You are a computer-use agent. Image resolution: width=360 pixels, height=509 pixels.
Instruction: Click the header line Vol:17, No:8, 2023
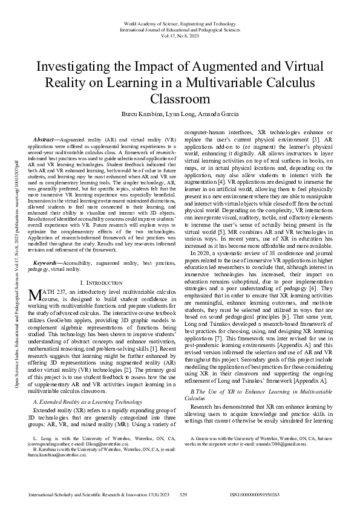point(179,35)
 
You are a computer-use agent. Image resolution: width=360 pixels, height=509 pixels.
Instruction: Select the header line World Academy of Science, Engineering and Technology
point(179,23)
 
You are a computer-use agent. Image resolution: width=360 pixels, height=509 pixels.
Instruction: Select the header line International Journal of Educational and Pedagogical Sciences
point(179,29)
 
